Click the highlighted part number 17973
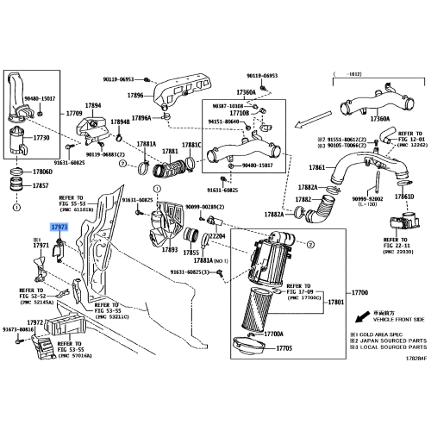coord(59,227)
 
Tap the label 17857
coord(41,185)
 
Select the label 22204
coord(215,236)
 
